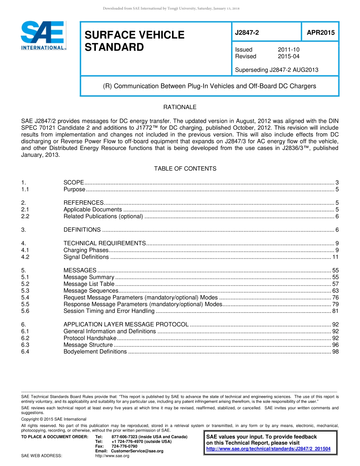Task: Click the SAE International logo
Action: pyautogui.click(x=43, y=35)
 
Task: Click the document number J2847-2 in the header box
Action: pyautogui.click(x=247, y=33)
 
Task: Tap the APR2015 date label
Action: pyautogui.click(x=321, y=33)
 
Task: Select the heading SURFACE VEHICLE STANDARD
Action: pyautogui.click(x=134, y=41)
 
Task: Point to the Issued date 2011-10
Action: pyautogui.click(x=288, y=50)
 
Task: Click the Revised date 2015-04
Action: pyautogui.click(x=288, y=56)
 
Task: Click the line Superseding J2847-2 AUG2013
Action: pyautogui.click(x=276, y=70)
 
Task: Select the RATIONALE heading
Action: pyautogui.click(x=180, y=107)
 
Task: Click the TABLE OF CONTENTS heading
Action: pyautogui.click(x=185, y=169)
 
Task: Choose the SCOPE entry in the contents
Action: pyautogui.click(x=74, y=183)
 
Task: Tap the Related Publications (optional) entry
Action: pyautogui.click(x=103, y=216)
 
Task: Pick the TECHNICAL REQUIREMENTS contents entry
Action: pyautogui.click(x=104, y=243)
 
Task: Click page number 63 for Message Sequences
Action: pyautogui.click(x=335, y=291)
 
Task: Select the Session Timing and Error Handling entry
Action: pyautogui.click(x=109, y=311)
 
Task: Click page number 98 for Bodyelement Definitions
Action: pyautogui.click(x=335, y=352)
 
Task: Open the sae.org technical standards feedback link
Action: pyautogui.click(x=268, y=449)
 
